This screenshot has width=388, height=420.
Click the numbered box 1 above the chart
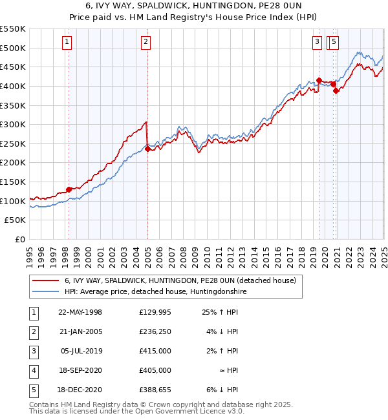(67, 43)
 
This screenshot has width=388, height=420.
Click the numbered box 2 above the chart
(146, 43)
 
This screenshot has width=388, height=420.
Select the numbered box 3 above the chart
(318, 43)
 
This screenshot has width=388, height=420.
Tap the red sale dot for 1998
(69, 189)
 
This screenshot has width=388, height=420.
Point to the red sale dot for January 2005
(147, 149)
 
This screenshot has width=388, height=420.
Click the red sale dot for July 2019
(319, 80)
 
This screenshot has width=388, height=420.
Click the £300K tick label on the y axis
(13, 124)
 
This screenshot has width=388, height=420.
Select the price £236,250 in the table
(155, 332)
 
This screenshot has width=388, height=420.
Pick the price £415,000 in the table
(155, 352)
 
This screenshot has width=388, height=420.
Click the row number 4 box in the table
(33, 371)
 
